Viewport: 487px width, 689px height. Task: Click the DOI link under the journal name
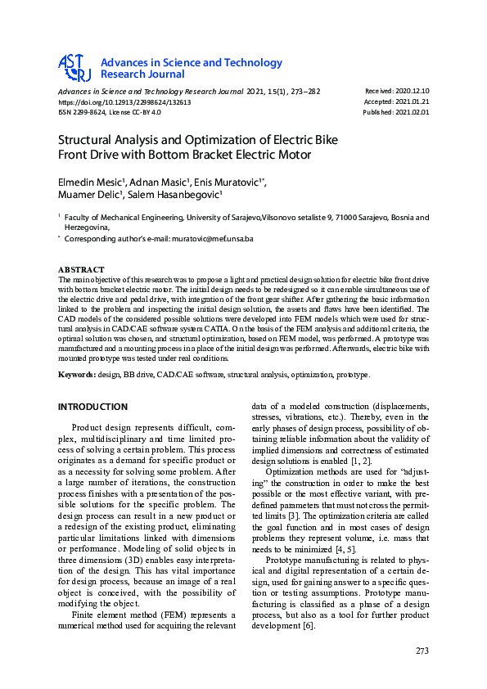pyautogui.click(x=124, y=102)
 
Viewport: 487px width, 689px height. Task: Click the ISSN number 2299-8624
pyautogui.click(x=90, y=113)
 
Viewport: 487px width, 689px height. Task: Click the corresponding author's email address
pyautogui.click(x=209, y=239)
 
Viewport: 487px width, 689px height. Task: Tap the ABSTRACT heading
pyautogui.click(x=81, y=269)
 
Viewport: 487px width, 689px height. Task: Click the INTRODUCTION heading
pyautogui.click(x=92, y=407)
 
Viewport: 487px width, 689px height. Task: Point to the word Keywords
pyautogui.click(x=76, y=375)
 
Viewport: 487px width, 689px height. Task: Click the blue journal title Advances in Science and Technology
pyautogui.click(x=191, y=62)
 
